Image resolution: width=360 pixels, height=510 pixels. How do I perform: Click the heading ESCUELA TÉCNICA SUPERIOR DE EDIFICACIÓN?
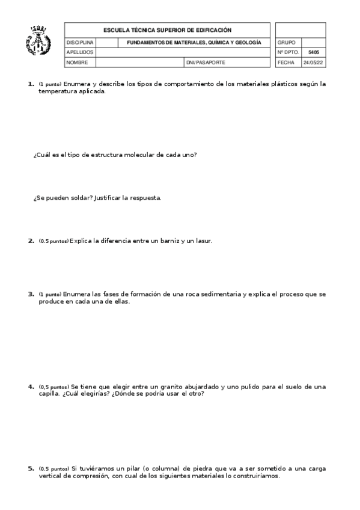(x=167, y=30)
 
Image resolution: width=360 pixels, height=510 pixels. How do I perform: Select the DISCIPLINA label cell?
(x=80, y=43)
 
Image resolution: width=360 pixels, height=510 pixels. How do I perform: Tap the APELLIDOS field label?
(x=80, y=52)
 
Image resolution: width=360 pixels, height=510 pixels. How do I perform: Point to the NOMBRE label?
(x=78, y=62)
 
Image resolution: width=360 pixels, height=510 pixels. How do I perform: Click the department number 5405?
(x=313, y=52)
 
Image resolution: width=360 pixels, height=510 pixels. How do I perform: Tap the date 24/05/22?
(x=313, y=62)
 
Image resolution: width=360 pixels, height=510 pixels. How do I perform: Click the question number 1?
(x=31, y=84)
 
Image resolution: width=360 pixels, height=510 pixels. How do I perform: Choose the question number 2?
(x=31, y=241)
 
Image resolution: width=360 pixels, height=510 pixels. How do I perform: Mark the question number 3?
(x=31, y=294)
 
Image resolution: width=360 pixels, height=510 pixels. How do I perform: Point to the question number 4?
(x=31, y=386)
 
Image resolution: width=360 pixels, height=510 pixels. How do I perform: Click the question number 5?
(x=31, y=468)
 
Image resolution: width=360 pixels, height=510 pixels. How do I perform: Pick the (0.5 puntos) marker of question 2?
(x=53, y=242)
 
